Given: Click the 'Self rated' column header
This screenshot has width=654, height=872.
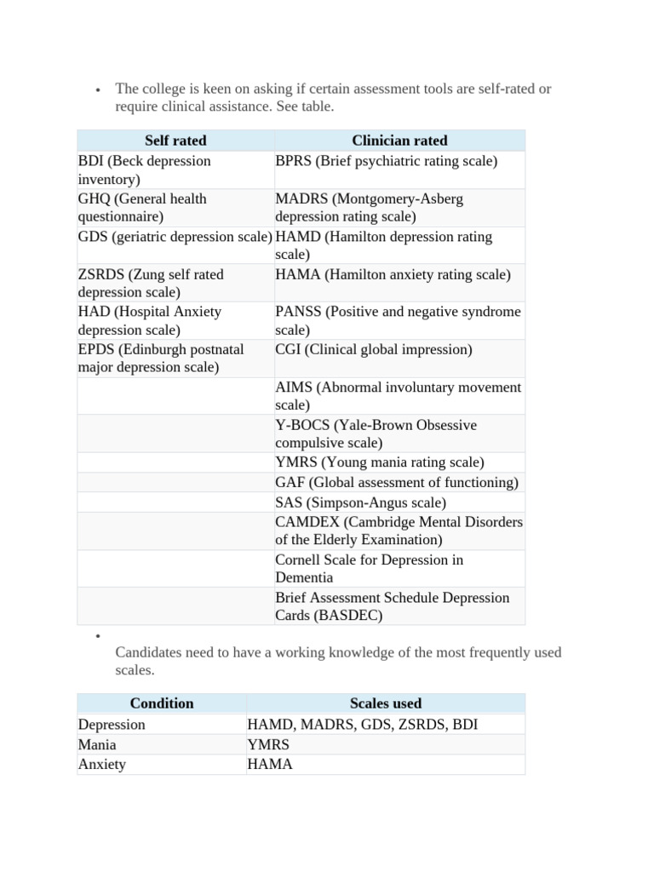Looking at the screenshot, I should (x=175, y=141).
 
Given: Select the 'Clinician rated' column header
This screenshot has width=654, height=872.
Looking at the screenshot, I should (x=399, y=141).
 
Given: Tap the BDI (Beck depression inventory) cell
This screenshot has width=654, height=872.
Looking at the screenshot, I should (x=144, y=169).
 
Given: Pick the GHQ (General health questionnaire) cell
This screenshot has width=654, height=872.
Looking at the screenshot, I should (x=142, y=207).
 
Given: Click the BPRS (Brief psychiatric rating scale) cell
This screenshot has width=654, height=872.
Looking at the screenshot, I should (x=387, y=161).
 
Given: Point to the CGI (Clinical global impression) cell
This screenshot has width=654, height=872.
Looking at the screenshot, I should (x=373, y=349).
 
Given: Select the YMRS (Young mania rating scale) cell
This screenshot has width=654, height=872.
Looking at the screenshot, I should (x=380, y=462).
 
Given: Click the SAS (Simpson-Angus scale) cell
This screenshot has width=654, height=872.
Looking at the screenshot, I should (x=360, y=502).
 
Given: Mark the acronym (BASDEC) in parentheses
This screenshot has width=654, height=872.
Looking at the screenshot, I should (x=348, y=615).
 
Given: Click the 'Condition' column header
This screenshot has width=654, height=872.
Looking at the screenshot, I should (x=162, y=703).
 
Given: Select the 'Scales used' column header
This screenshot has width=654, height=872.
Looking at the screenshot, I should (x=386, y=703).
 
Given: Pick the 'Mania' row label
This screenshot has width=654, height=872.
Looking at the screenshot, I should (x=97, y=744).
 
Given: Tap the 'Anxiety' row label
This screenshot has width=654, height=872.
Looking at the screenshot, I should (x=102, y=764).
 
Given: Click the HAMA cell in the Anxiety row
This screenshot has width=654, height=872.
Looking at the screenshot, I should (x=270, y=764).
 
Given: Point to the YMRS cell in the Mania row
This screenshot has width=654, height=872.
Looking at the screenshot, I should (x=268, y=744).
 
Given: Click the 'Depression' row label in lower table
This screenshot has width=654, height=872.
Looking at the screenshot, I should (x=112, y=724).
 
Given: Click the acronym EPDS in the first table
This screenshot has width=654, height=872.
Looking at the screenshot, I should (x=96, y=349).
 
